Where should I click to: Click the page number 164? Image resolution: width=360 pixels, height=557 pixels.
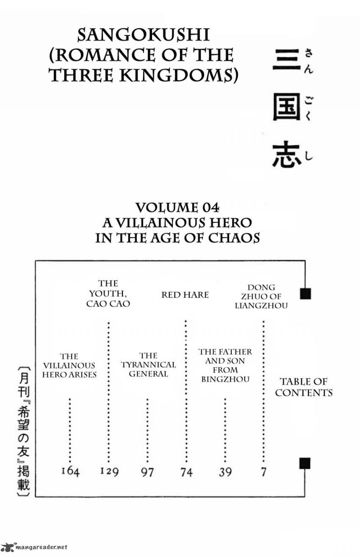[70, 472]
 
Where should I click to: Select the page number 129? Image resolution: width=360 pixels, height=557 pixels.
[109, 472]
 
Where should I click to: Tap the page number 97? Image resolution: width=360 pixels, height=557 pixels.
[148, 472]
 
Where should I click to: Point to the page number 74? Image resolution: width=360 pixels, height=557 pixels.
[187, 472]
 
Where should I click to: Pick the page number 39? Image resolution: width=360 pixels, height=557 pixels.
[225, 472]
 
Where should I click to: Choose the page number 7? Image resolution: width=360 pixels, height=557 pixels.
[264, 472]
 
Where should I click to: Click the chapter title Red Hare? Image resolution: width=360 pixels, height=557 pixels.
[185, 295]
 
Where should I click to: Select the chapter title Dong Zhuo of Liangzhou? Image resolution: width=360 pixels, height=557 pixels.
[261, 296]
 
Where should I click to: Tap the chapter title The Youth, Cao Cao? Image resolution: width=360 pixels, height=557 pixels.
[108, 293]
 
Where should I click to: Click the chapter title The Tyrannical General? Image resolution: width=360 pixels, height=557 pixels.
[148, 365]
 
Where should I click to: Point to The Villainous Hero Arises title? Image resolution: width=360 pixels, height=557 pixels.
[69, 365]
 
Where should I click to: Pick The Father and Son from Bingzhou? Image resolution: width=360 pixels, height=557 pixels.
[225, 365]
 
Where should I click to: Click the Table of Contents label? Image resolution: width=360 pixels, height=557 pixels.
[304, 387]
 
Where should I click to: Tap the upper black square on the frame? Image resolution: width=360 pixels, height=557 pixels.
[306, 294]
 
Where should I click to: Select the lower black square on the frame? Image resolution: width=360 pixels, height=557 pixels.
[305, 463]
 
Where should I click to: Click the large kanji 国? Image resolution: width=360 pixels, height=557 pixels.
[286, 107]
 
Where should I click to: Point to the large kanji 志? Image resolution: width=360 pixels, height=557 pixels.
[286, 154]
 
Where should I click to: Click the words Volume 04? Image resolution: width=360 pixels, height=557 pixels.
[177, 207]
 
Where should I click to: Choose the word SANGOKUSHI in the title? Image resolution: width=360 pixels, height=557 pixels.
[144, 35]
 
